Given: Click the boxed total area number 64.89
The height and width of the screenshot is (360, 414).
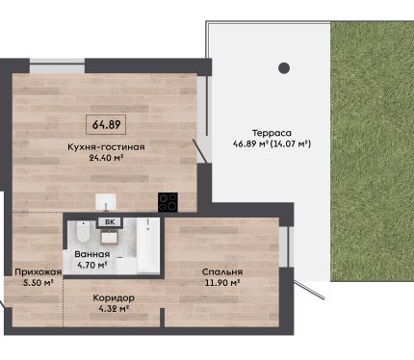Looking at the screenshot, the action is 106,124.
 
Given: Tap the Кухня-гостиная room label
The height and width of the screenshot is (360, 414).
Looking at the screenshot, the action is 106,147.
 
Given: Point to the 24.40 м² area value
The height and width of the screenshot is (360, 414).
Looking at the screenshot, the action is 106,158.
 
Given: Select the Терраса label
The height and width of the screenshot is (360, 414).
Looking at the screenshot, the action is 272,133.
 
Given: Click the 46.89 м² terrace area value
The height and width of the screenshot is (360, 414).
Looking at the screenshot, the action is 250,143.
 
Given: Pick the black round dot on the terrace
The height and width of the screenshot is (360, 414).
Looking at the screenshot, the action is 284,68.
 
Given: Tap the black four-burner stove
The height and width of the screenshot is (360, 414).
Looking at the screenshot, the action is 168,202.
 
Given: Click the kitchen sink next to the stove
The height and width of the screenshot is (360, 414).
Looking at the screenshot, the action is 106,201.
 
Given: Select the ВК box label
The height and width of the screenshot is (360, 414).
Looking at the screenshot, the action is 110,221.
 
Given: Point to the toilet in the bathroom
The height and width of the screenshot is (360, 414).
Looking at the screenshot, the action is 84,232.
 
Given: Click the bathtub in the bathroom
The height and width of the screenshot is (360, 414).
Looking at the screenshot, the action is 148,244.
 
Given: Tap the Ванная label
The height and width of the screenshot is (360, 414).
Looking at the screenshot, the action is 92,254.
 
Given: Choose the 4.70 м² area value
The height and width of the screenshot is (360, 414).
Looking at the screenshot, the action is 92,265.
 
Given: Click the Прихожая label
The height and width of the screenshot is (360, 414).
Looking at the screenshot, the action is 39,272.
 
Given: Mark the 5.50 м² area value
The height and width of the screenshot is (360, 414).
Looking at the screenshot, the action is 39,283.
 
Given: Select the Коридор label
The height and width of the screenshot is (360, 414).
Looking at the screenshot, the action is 114,298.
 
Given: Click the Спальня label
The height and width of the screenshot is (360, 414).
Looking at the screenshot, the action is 222,272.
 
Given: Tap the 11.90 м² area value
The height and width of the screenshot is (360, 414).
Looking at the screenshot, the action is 222,283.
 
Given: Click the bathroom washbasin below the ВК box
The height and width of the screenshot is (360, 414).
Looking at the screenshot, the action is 110,238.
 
